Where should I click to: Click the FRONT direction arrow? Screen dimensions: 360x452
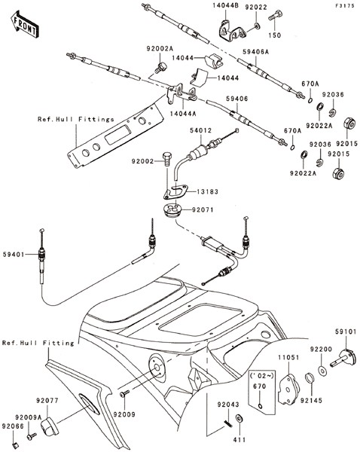25,25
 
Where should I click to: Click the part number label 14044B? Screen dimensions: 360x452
225,5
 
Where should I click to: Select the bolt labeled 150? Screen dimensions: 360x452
275,15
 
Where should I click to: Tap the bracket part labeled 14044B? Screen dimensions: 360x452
231,32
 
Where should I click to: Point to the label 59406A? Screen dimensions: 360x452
255,52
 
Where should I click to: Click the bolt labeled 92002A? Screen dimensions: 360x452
160,67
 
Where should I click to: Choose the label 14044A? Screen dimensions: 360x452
183,114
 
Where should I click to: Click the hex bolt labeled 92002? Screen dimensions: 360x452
167,159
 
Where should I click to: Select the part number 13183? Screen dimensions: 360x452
208,191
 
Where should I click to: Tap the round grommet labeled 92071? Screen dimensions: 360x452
172,211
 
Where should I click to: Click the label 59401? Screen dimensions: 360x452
14,255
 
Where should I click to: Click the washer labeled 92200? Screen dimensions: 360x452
322,371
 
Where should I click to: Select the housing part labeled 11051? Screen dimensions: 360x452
288,389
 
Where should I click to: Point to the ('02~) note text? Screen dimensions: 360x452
261,376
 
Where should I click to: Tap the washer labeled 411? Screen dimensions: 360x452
239,418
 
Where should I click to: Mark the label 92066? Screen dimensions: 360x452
13,426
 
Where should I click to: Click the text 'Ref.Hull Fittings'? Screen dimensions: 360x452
76,119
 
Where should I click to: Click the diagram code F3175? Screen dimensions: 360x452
344,5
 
